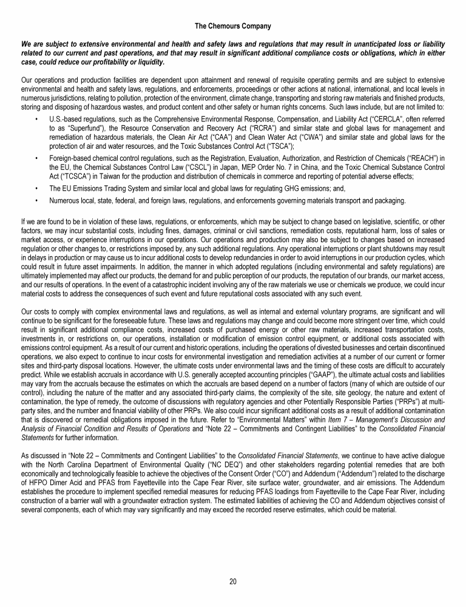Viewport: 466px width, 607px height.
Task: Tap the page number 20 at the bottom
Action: click(x=232, y=582)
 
